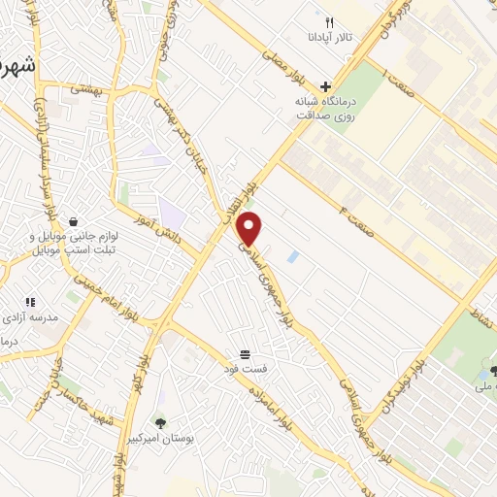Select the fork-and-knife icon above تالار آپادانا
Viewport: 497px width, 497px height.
click(x=330, y=21)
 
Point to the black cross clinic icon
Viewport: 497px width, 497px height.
click(x=326, y=85)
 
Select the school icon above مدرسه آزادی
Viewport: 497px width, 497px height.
click(x=30, y=302)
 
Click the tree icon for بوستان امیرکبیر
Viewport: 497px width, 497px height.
click(x=160, y=422)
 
